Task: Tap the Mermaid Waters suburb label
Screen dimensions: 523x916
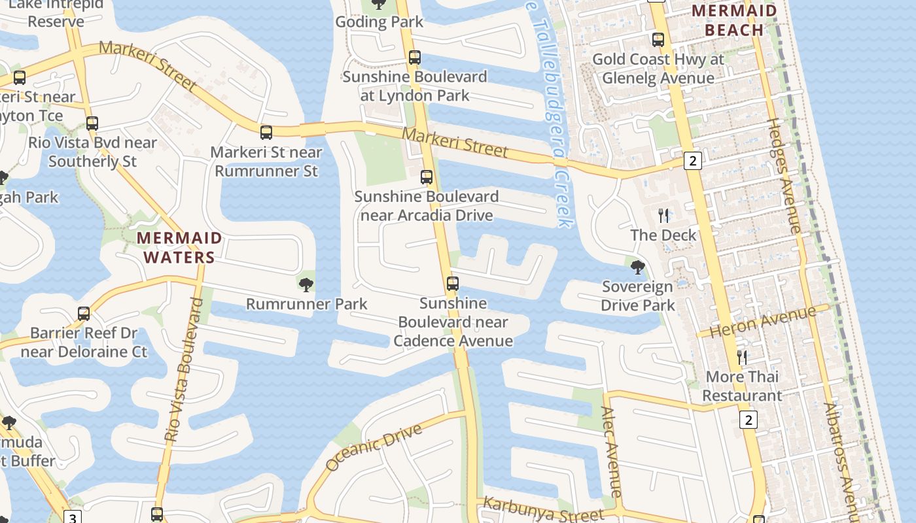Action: coord(179,248)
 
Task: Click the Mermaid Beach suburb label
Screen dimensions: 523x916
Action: coord(734,20)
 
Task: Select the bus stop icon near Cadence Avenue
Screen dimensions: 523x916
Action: coord(452,284)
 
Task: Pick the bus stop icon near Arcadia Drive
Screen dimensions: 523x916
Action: coord(427,177)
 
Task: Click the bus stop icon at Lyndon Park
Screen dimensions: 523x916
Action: coord(414,58)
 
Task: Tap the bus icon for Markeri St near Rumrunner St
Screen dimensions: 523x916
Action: coord(266,133)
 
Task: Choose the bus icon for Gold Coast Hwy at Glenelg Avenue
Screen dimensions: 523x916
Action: coord(658,40)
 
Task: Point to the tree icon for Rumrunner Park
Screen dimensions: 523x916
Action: coord(306,284)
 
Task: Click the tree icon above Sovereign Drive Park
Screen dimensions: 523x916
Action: coord(637,267)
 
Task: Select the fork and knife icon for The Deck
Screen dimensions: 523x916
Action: coord(663,216)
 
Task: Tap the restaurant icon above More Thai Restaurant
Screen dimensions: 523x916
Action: coord(742,357)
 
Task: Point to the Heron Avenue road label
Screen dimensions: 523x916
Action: coord(764,322)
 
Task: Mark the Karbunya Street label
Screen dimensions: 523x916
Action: coord(535,510)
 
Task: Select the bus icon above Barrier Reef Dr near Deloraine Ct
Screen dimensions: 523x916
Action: coord(83,314)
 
